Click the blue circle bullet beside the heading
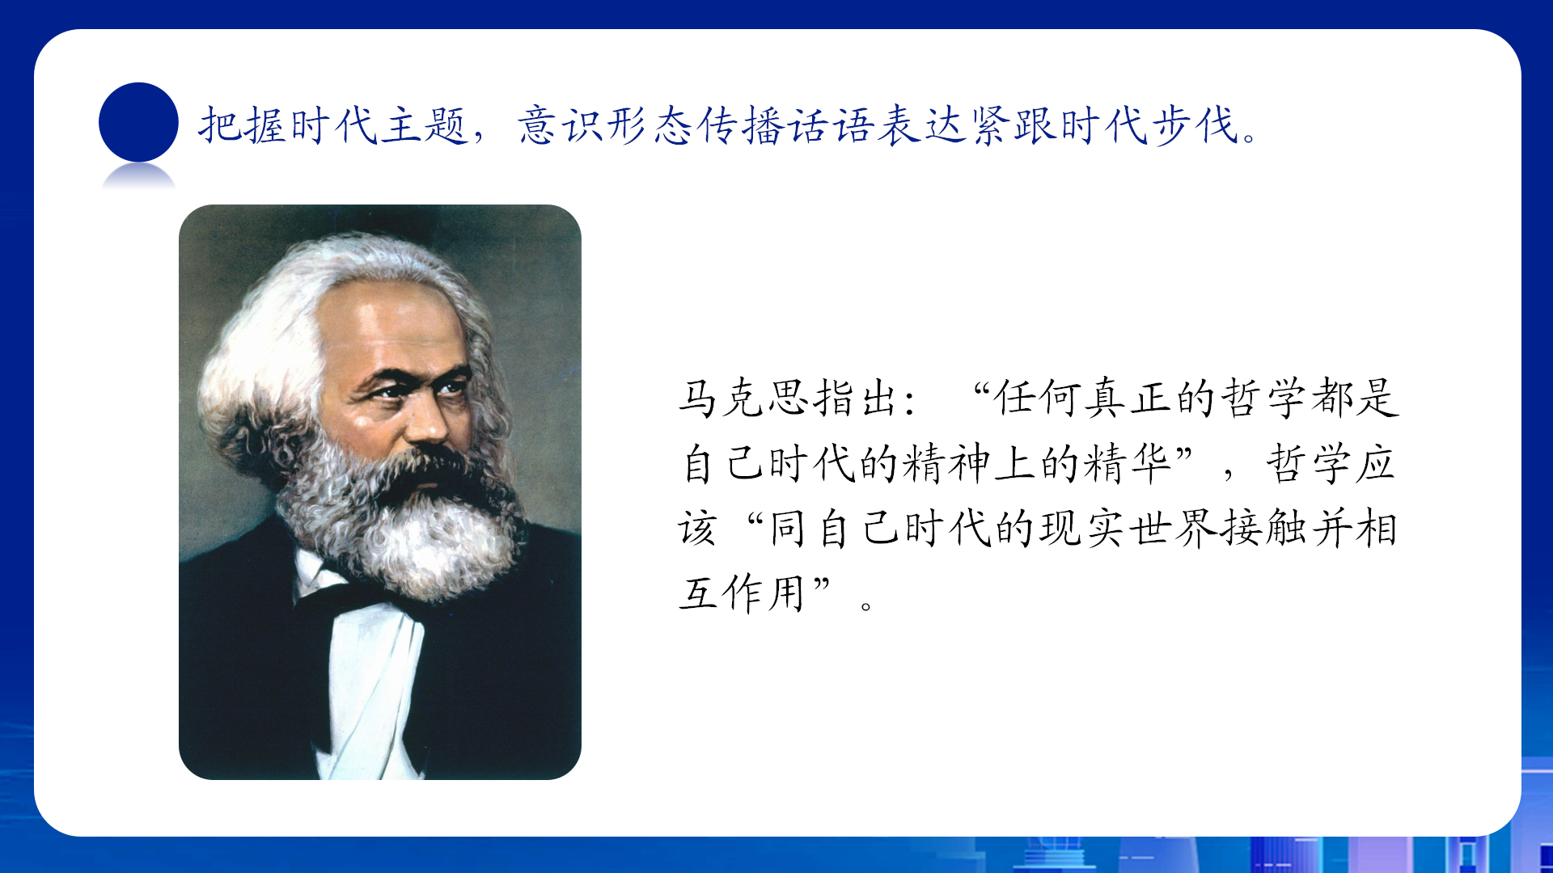pos(138,122)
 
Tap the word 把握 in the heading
pos(243,126)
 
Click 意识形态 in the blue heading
pos(605,126)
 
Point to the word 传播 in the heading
pos(740,126)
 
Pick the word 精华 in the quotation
pos(1128,463)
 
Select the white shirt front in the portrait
pos(368,679)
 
